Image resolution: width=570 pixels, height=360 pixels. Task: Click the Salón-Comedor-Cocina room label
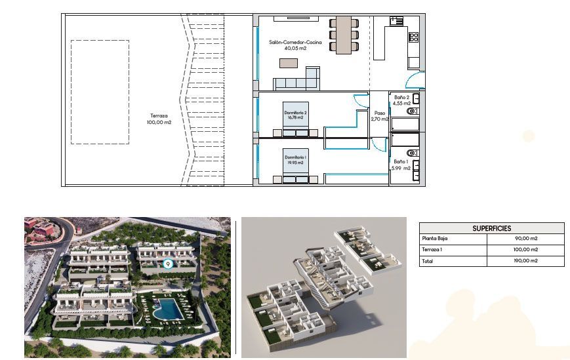pos(295,45)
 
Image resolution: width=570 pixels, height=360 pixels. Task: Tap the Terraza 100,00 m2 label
pos(159,119)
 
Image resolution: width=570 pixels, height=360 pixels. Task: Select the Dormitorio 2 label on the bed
pos(295,115)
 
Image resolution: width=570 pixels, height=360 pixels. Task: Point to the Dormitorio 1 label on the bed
pos(295,160)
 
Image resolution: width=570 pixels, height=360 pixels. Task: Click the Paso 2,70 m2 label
pos(380,116)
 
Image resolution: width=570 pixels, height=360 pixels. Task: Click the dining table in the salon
pos(344,35)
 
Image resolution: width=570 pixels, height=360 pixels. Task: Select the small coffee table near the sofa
pos(289,63)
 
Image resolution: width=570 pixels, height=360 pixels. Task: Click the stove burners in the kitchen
pos(414,37)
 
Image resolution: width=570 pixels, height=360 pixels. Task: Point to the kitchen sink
pos(397,21)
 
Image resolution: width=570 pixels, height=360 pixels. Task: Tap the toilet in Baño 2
pos(413,111)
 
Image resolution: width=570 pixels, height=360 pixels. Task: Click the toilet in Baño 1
pos(413,153)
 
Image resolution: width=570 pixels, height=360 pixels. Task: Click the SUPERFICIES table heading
pos(491,228)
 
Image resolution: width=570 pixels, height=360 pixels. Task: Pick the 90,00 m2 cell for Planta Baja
pos(525,239)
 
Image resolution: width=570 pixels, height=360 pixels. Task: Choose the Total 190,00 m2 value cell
pos(525,261)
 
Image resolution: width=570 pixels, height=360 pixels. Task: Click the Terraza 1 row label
pos(432,250)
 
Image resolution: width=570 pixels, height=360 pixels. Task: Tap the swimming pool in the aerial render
pos(168,309)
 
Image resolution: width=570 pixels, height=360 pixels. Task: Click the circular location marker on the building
pos(167,264)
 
